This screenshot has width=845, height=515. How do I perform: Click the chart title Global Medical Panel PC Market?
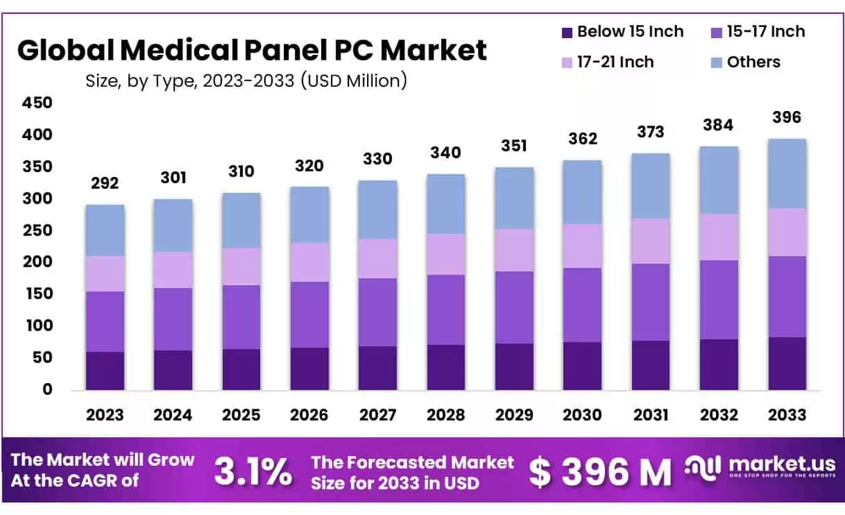251,51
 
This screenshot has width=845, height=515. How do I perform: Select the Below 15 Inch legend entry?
621,32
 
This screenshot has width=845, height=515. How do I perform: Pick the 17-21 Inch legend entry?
606,62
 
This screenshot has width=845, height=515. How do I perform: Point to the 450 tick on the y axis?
38,103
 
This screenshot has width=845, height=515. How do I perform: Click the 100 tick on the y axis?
38,326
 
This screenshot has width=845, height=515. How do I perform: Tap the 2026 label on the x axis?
309,415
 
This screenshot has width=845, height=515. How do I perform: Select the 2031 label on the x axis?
650,415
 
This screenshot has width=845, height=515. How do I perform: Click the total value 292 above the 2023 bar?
105,183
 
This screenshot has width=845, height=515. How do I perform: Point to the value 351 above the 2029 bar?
513,146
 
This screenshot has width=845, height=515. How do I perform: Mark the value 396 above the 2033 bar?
787,117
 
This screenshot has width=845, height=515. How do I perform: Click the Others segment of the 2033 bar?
787,174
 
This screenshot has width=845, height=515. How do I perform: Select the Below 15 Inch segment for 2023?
105,371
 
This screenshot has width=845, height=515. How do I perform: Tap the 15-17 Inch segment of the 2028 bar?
446,310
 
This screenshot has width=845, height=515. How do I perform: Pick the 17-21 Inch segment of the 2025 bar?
241,267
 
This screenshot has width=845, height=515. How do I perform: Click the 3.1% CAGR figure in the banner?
253,472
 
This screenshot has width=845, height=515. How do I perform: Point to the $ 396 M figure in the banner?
600,473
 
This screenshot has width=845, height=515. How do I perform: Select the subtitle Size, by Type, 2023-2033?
246,81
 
